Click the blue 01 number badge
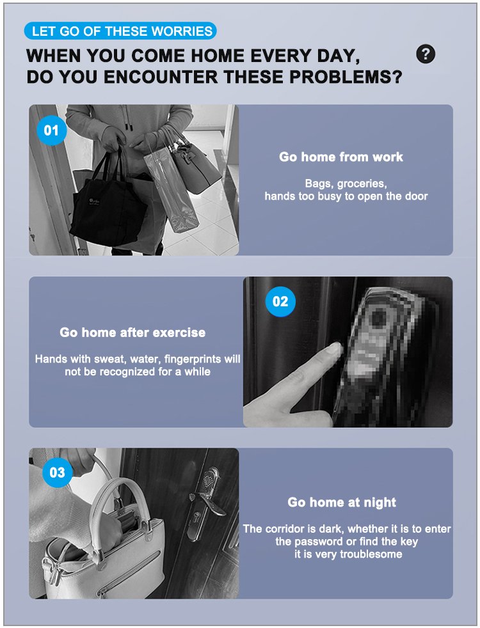coord(51,130)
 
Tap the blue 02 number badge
coord(280,301)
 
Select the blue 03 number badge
coord(58,472)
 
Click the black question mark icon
coord(426,54)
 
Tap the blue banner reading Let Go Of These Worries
coord(120,31)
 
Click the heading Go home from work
coord(341,157)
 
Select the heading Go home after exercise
coord(132,333)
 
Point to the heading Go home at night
coord(342,502)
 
